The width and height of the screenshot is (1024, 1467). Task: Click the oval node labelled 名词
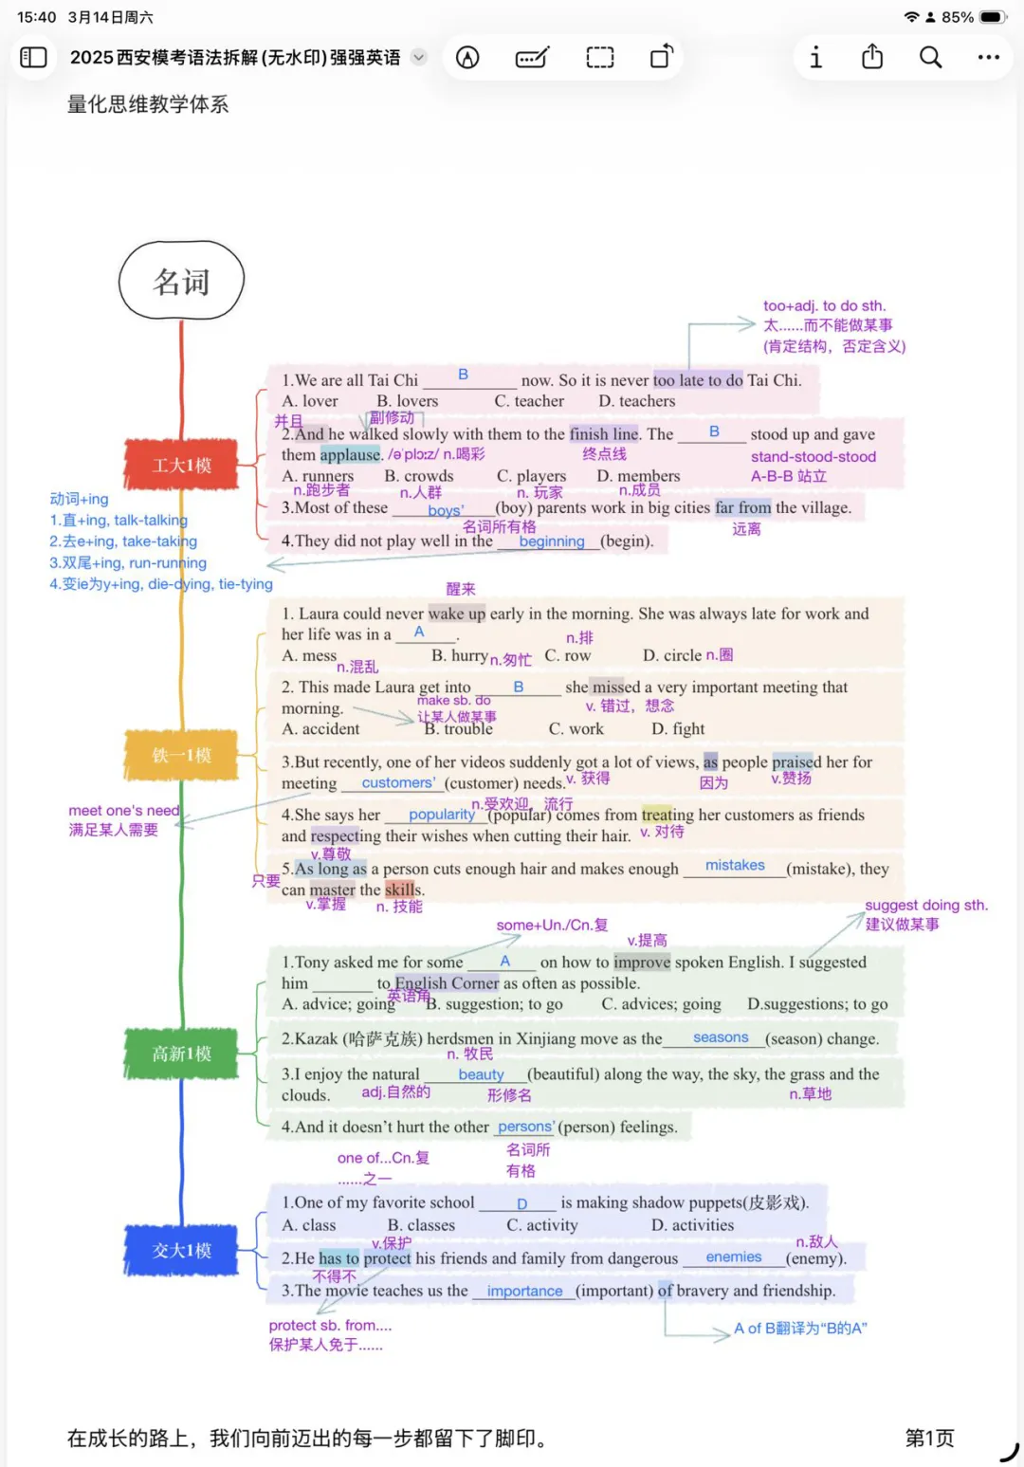coord(181,281)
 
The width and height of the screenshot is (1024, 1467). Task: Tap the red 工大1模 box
coord(181,465)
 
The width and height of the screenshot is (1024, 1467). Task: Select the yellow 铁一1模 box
coord(181,755)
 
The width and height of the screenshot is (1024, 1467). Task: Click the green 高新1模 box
coord(181,1054)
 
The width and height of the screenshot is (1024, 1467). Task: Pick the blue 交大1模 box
coord(181,1251)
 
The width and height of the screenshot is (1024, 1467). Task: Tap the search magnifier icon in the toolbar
coord(930,58)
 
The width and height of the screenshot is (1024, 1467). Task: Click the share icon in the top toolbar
coord(872,58)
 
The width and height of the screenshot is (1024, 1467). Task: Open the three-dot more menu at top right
coord(988,58)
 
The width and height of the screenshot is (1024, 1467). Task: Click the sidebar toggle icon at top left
coord(33,58)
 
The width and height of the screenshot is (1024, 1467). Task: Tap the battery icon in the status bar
coord(993,17)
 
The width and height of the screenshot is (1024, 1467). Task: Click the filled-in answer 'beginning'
coord(552,541)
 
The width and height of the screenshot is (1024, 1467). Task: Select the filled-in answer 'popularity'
coord(441,815)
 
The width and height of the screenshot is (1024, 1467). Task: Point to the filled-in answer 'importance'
coord(524,1291)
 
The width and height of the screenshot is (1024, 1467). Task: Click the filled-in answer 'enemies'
coord(733,1256)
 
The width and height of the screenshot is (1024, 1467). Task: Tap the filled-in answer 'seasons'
coord(721,1037)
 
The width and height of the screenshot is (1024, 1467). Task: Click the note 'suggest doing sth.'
coord(925,905)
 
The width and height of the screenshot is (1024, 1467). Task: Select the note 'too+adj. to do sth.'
coord(823,305)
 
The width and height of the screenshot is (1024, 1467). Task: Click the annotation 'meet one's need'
coord(123,811)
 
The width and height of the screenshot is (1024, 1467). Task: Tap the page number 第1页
coord(929,1438)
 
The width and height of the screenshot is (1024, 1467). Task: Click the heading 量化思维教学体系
coord(148,104)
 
